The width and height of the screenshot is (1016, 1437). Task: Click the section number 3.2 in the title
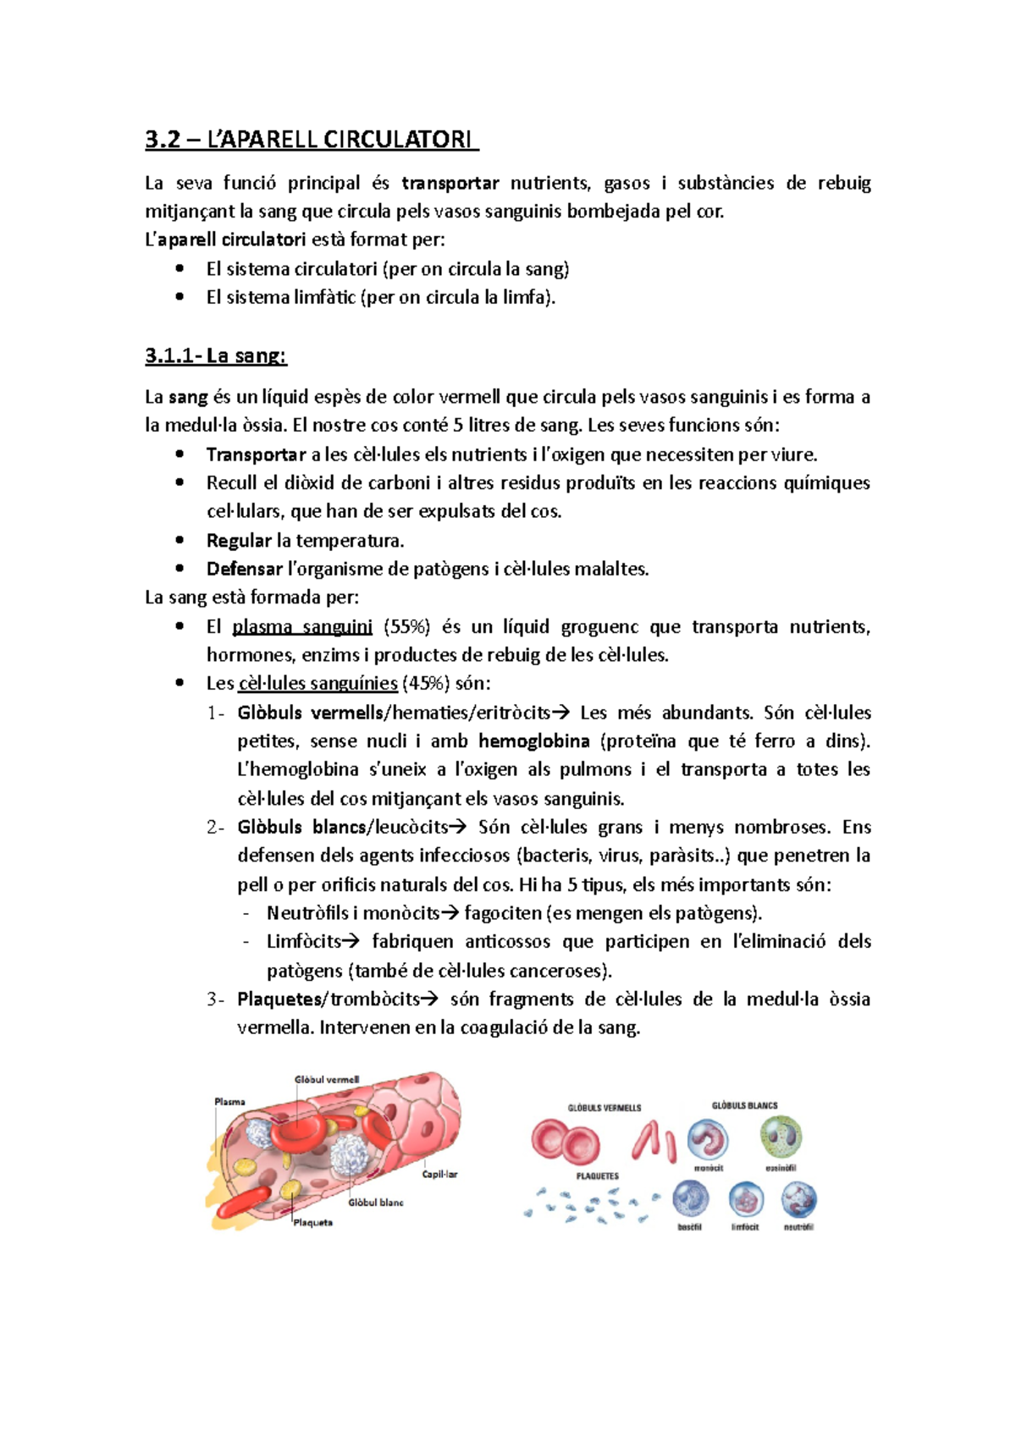[x=163, y=140]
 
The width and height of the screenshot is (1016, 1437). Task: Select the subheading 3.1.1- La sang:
[x=216, y=355]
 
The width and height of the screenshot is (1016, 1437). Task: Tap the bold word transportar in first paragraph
[x=450, y=184]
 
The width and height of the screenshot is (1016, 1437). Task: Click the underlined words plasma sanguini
[x=302, y=627]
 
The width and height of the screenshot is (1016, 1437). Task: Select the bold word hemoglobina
[x=533, y=741]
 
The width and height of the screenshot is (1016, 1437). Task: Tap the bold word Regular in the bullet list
[x=239, y=541]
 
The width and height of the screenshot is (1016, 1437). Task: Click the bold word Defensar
[x=244, y=570]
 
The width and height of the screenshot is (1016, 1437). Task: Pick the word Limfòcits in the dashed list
[x=304, y=942]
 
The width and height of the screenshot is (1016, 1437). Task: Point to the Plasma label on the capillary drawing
[x=229, y=1102]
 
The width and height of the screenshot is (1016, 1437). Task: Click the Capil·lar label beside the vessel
[x=439, y=1175]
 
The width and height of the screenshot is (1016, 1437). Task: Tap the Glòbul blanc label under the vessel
[x=376, y=1203]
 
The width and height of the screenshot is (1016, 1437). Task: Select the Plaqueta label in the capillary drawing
[x=312, y=1223]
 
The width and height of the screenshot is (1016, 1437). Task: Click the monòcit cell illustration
[x=708, y=1140]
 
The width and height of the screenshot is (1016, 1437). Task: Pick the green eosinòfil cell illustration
[x=780, y=1137]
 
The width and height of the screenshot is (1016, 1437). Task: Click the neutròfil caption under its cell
[x=798, y=1227]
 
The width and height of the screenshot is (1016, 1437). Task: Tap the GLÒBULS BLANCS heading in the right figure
[x=744, y=1105]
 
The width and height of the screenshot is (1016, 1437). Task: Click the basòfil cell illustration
[x=690, y=1199]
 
